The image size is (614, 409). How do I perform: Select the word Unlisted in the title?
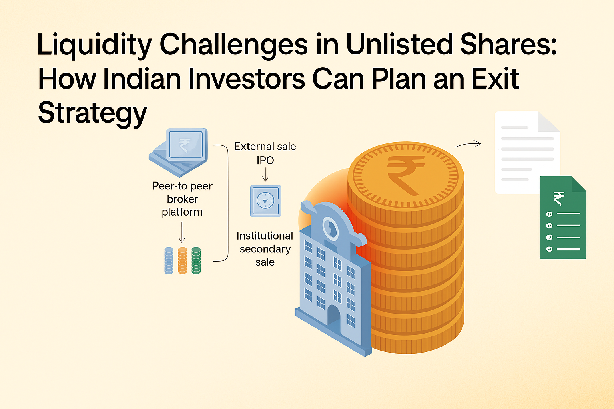coord(399,44)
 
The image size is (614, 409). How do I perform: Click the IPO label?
coord(265,160)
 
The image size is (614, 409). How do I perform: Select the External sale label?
coord(265,147)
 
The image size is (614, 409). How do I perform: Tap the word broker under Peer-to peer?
coord(182,199)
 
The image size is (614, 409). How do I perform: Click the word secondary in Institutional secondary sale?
coord(265,249)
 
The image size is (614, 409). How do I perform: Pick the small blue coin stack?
coord(169,260)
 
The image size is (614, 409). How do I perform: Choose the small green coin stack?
coord(196,260)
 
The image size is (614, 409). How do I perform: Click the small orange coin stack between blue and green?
coord(183,260)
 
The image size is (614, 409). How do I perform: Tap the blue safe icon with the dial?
coord(265,201)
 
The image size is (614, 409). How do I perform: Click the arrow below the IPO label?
coord(265,175)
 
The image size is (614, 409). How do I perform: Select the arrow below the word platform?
coord(182,232)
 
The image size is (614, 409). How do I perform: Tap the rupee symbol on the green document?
coord(558,199)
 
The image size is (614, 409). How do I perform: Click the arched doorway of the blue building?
coord(334,318)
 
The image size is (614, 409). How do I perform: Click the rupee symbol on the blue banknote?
coord(184,145)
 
